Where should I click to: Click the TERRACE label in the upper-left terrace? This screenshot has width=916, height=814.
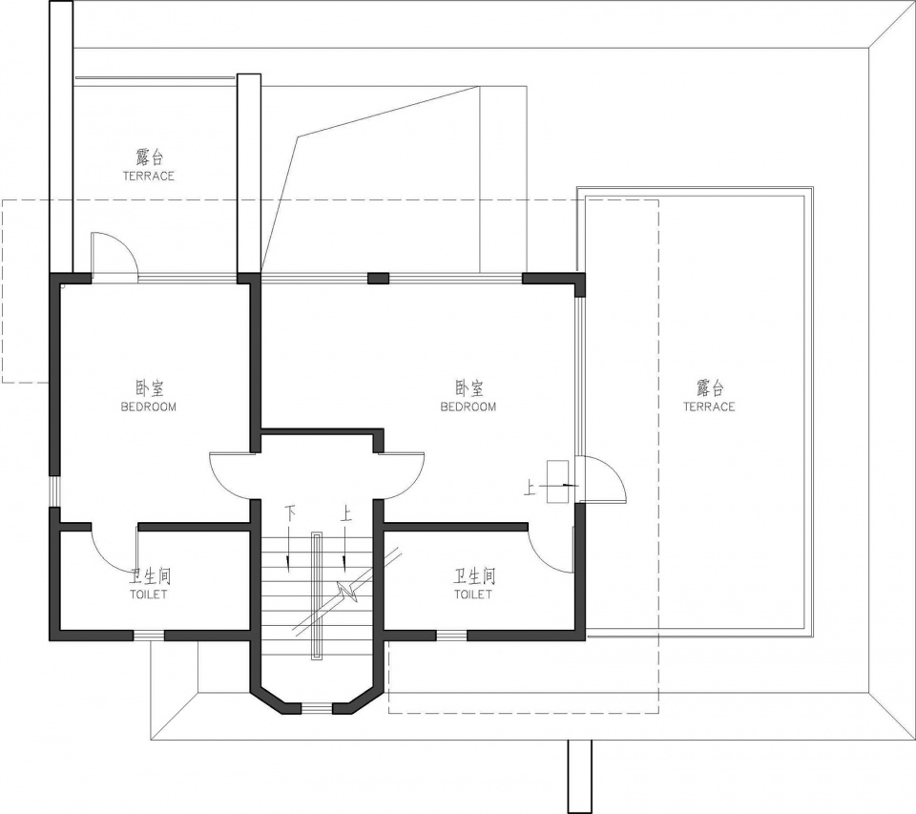(x=149, y=176)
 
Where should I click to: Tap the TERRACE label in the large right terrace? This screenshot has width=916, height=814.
(x=709, y=407)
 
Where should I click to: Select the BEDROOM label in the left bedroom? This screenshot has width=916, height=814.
(x=149, y=407)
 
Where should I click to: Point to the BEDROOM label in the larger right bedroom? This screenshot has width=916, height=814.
(x=468, y=407)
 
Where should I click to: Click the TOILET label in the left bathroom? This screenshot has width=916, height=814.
(x=149, y=595)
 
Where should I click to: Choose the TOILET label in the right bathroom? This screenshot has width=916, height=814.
(x=473, y=595)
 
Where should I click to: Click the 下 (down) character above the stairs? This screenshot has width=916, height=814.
(x=290, y=514)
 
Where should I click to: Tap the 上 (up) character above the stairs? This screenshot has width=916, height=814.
(x=345, y=514)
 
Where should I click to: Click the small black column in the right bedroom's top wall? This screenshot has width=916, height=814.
(x=378, y=278)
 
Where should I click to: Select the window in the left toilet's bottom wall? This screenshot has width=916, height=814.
(x=149, y=636)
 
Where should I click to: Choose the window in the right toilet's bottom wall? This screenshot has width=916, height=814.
(x=451, y=636)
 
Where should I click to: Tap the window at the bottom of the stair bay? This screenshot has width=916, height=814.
(x=316, y=709)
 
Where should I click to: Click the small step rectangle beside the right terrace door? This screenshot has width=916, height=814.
(x=557, y=482)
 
